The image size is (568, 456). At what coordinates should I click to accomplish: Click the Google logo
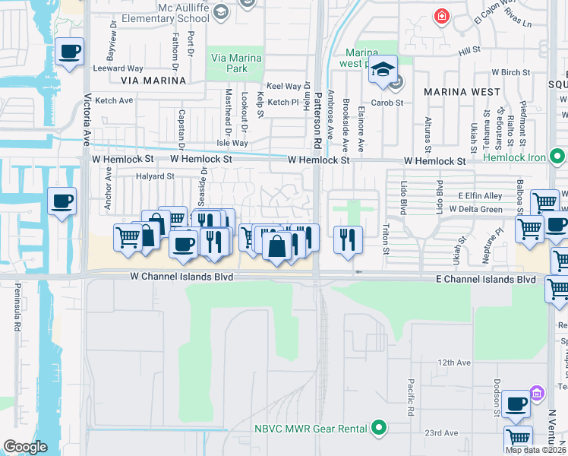coord(25,447)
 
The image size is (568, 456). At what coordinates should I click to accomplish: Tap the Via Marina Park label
coord(236,63)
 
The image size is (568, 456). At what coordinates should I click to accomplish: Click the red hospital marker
coord(440,16)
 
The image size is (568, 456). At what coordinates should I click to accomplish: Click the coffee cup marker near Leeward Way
coord(70,52)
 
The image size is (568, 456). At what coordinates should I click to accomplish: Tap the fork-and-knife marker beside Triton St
coord(349,239)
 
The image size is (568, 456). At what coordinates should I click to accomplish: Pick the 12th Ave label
coord(454,363)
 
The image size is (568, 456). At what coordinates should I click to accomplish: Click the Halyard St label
coord(155,176)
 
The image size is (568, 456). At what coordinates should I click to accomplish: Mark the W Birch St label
coord(510,73)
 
